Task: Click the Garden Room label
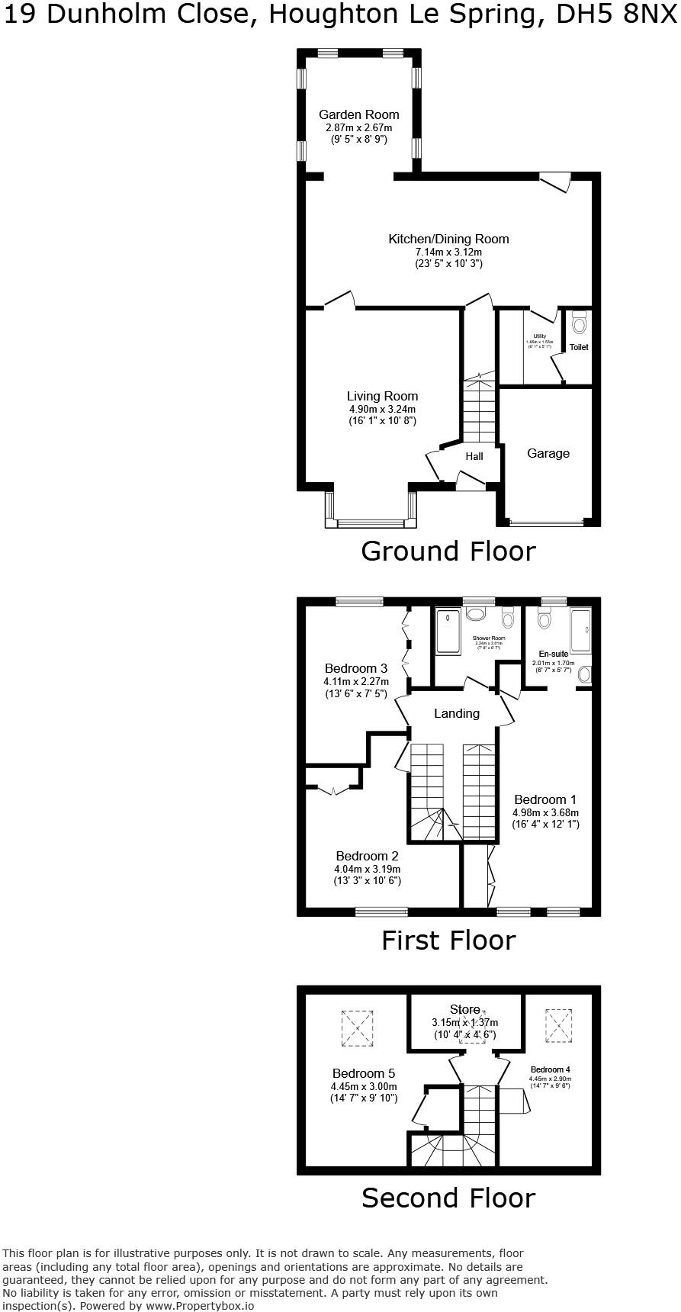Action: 358,115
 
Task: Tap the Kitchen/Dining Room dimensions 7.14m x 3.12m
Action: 448,252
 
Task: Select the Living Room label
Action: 382,397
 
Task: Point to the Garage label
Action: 548,454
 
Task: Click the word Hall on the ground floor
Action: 474,457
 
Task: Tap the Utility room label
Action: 540,336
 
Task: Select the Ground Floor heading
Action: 448,551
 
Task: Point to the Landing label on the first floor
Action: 457,714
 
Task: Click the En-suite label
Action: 554,654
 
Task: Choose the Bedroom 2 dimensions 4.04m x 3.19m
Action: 367,869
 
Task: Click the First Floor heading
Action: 448,941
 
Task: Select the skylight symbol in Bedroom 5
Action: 358,1027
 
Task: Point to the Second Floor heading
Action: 448,1198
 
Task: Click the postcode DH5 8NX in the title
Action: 620,15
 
